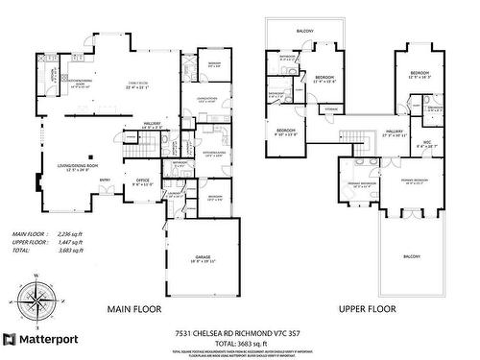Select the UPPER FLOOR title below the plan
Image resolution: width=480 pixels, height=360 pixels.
368,310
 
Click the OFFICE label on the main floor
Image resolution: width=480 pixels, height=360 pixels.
143,180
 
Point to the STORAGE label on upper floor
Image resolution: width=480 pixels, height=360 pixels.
331,110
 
